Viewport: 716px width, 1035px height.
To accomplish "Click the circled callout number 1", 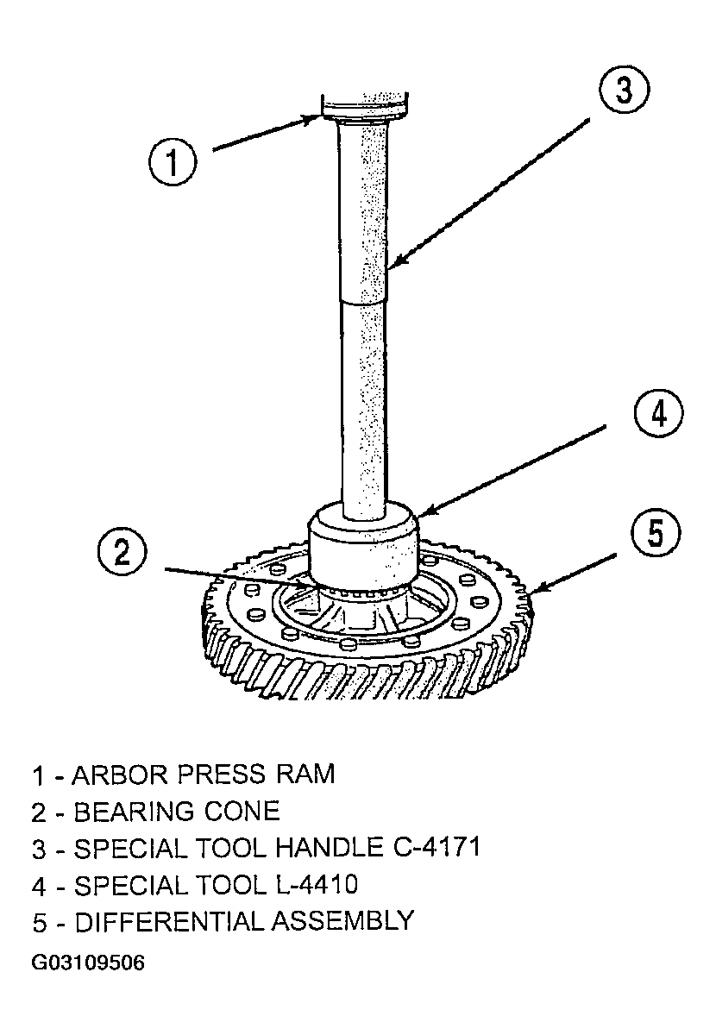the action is pos(173,162).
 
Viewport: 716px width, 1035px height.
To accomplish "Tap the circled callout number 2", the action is pos(122,553).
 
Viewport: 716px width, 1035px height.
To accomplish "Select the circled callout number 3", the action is pos(624,89).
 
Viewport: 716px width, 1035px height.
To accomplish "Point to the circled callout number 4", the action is pos(659,413).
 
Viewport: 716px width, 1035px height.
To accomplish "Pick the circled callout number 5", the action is pos(656,533).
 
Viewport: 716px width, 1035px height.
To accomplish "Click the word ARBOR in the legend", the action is pos(121,775).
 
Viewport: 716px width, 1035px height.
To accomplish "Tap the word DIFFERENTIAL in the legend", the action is pos(170,921).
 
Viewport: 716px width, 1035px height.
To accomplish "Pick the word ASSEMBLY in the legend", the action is pos(342,921).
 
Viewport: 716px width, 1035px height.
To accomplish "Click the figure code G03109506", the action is pos(88,963).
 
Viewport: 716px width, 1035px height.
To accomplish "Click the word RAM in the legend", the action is pos(305,775).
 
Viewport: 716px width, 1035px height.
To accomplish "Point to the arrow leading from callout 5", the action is pos(576,574).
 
